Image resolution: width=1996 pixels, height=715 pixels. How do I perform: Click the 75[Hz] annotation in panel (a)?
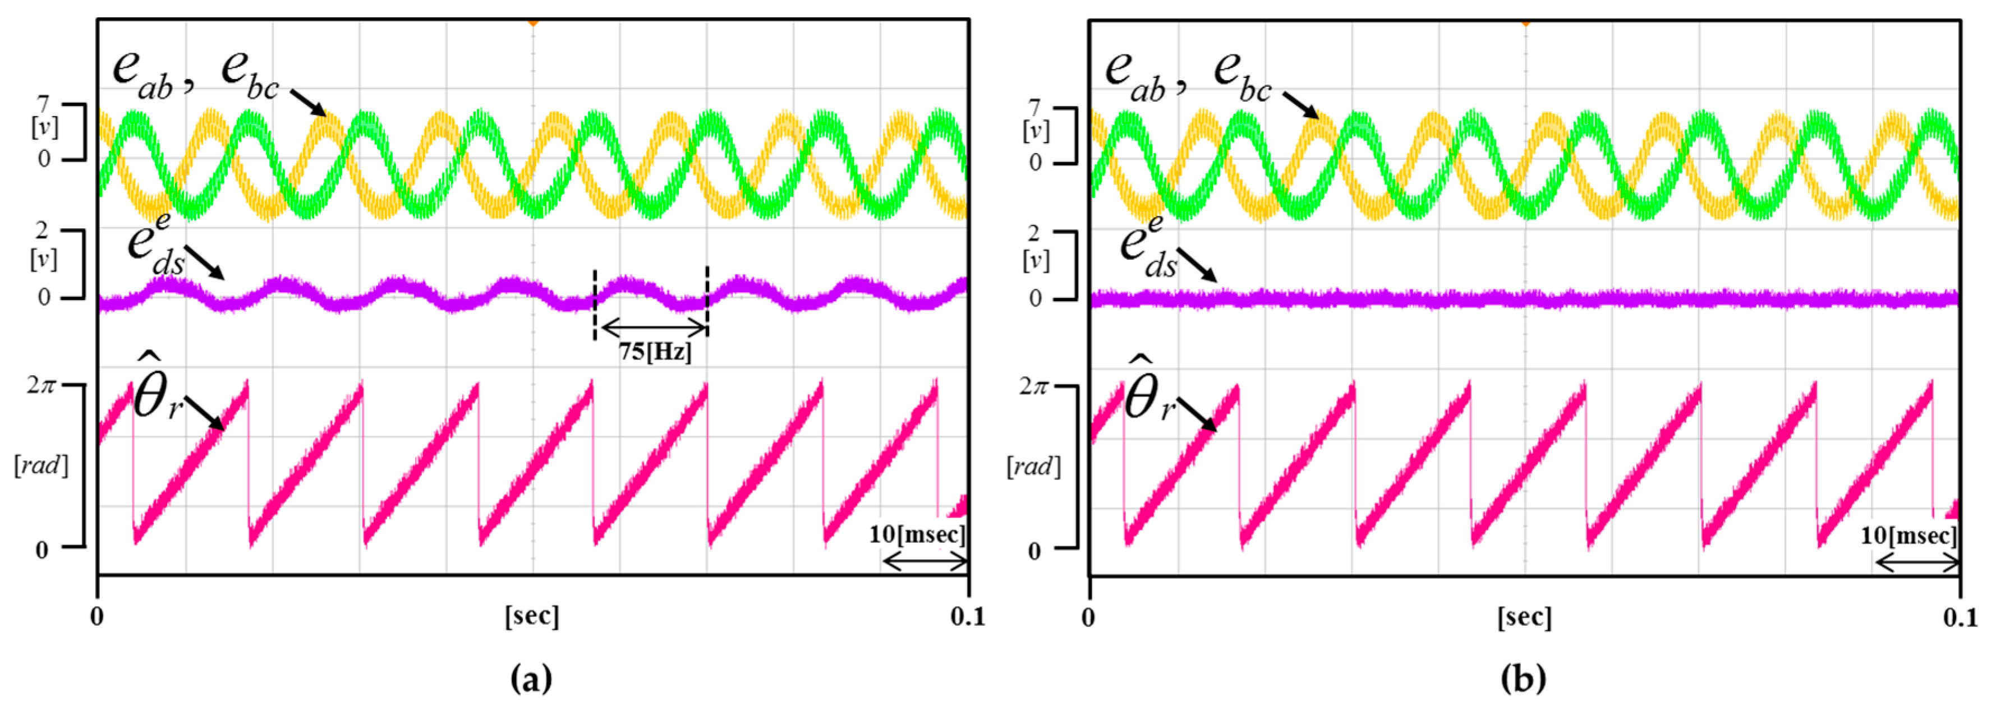pos(655,353)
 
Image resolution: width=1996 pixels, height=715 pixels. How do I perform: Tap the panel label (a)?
pos(532,679)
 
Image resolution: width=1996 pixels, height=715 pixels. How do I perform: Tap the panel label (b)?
pos(1523,679)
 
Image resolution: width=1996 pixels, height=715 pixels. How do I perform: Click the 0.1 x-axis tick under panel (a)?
pos(968,617)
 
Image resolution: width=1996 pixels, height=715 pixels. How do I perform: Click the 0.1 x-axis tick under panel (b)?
pos(1960,617)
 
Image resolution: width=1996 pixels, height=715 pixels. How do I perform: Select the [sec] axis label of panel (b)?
pos(1525,617)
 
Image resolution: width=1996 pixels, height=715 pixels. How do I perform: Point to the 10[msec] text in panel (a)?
pos(917,534)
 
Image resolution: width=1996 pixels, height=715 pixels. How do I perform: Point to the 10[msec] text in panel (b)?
pos(1909,536)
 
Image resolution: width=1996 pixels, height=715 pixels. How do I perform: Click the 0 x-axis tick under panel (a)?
pos(97,617)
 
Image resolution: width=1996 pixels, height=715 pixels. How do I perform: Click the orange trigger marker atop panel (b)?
pos(1525,22)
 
